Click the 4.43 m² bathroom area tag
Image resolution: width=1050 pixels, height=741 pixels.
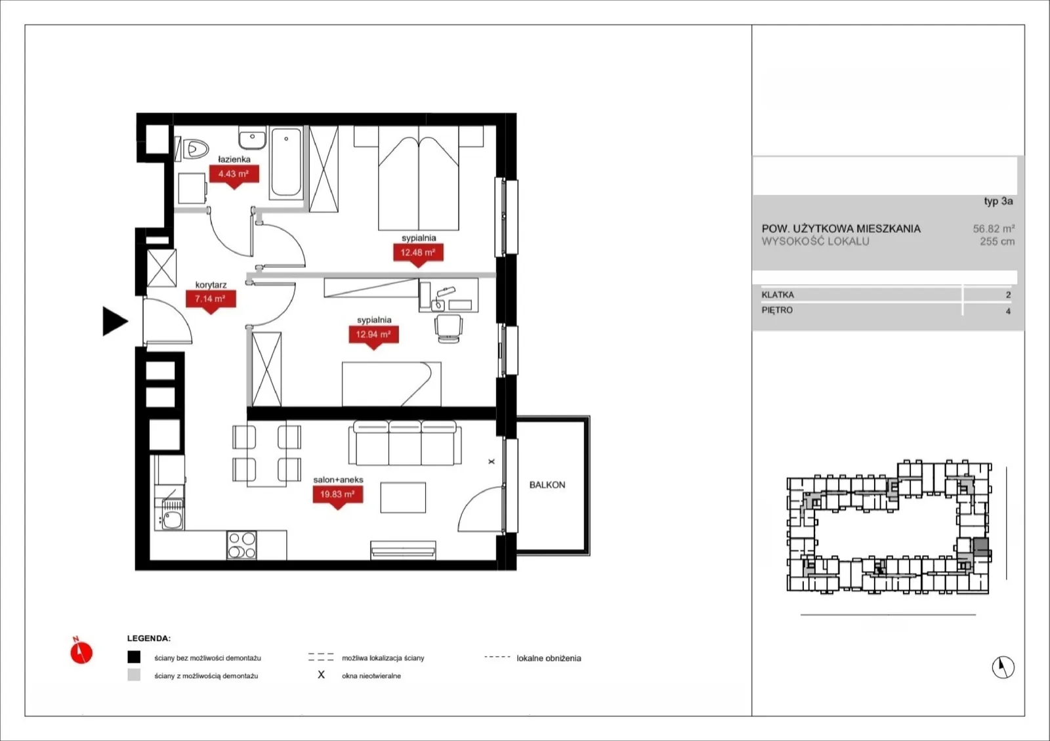coord(234,174)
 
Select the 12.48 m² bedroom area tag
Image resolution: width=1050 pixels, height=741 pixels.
coord(418,253)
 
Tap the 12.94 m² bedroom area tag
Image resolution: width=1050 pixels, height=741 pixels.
coord(373,335)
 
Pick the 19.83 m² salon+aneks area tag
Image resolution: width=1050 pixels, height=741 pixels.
coord(337,494)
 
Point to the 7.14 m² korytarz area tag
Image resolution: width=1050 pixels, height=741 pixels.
coord(211,299)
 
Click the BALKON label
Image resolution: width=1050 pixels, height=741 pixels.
coord(547,484)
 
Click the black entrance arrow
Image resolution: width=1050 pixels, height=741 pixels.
coord(114,321)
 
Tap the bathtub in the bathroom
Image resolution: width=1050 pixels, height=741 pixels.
coord(286,162)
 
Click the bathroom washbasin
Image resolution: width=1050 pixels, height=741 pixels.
coord(252,138)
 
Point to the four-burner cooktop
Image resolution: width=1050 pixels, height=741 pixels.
coord(241,545)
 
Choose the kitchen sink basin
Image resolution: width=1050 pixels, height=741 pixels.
coord(173,520)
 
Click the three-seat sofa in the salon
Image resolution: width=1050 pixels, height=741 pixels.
coord(404,443)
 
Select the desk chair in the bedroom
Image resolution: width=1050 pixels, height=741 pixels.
coord(449,328)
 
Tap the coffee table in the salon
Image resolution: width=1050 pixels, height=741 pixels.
coord(403,498)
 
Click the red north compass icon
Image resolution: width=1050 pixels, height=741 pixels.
coord(81,651)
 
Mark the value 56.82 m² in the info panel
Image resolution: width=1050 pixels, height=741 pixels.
coord(994,228)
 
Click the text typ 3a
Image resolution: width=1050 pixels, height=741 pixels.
coord(998,201)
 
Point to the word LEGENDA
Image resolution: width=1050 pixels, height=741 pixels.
coord(148,639)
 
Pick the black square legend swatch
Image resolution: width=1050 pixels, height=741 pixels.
coord(134,657)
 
